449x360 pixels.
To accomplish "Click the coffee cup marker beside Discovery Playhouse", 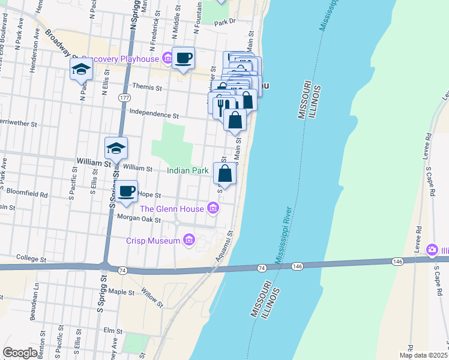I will coord(183,58).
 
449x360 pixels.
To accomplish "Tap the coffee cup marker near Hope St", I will coord(126,191).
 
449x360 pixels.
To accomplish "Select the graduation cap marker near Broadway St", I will coord(80,70).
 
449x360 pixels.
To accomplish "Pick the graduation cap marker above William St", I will coord(116,148).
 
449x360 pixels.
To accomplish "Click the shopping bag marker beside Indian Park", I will coord(224,174).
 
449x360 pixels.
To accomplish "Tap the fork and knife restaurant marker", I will coord(220,107).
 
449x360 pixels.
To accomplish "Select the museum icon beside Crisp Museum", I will coord(188,241).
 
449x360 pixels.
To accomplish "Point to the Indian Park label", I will coord(187,171).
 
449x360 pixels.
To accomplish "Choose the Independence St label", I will coord(154,115).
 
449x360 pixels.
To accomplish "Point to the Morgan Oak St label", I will coord(139,220).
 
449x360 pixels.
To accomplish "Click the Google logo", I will coord(20,353).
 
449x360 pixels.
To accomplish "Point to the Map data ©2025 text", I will coord(424,355).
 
